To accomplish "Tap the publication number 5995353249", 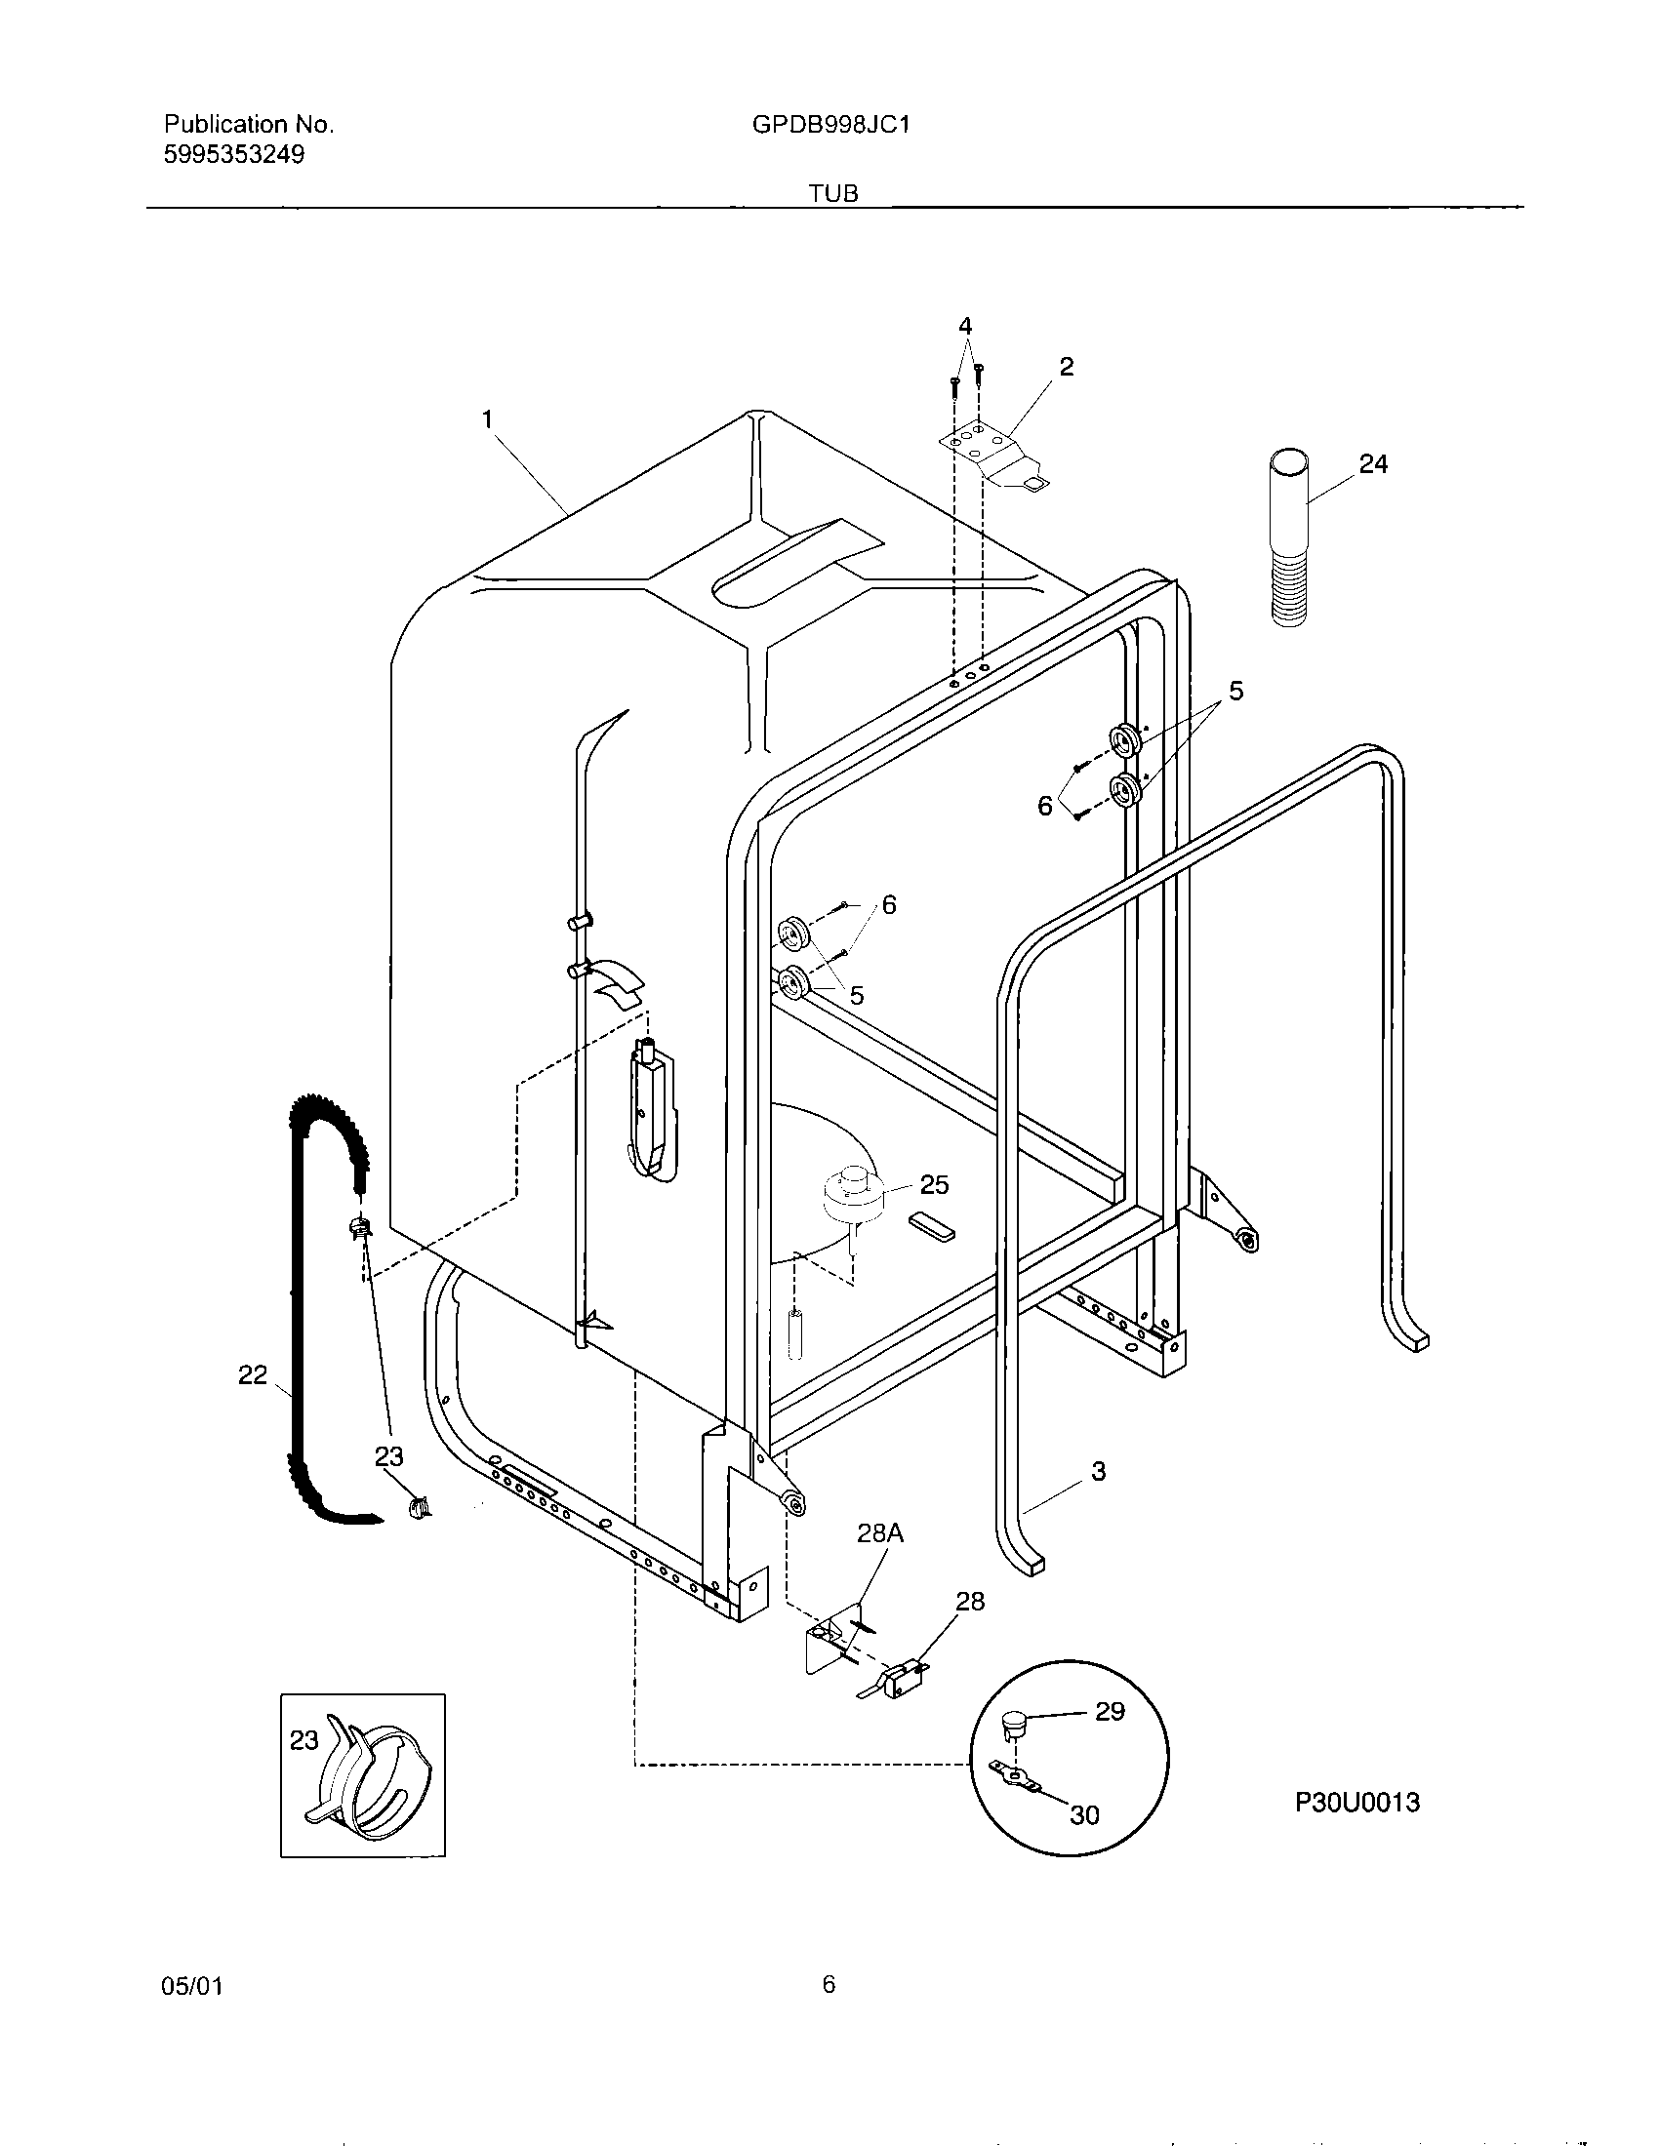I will coord(234,154).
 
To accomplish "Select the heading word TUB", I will coord(833,194).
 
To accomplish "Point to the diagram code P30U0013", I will coord(1356,1802).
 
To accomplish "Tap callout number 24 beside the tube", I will coord(1373,463).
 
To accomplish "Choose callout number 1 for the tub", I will coord(487,420).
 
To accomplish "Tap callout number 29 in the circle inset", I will coord(1110,1712).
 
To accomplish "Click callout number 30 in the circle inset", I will coord(1084,1815).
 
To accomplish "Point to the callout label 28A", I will coord(879,1532).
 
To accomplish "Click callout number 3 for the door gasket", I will coord(1098,1471).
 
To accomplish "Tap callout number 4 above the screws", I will coord(965,326).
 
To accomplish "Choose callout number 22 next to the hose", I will coord(253,1374).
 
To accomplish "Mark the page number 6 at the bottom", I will coord(829,1985).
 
